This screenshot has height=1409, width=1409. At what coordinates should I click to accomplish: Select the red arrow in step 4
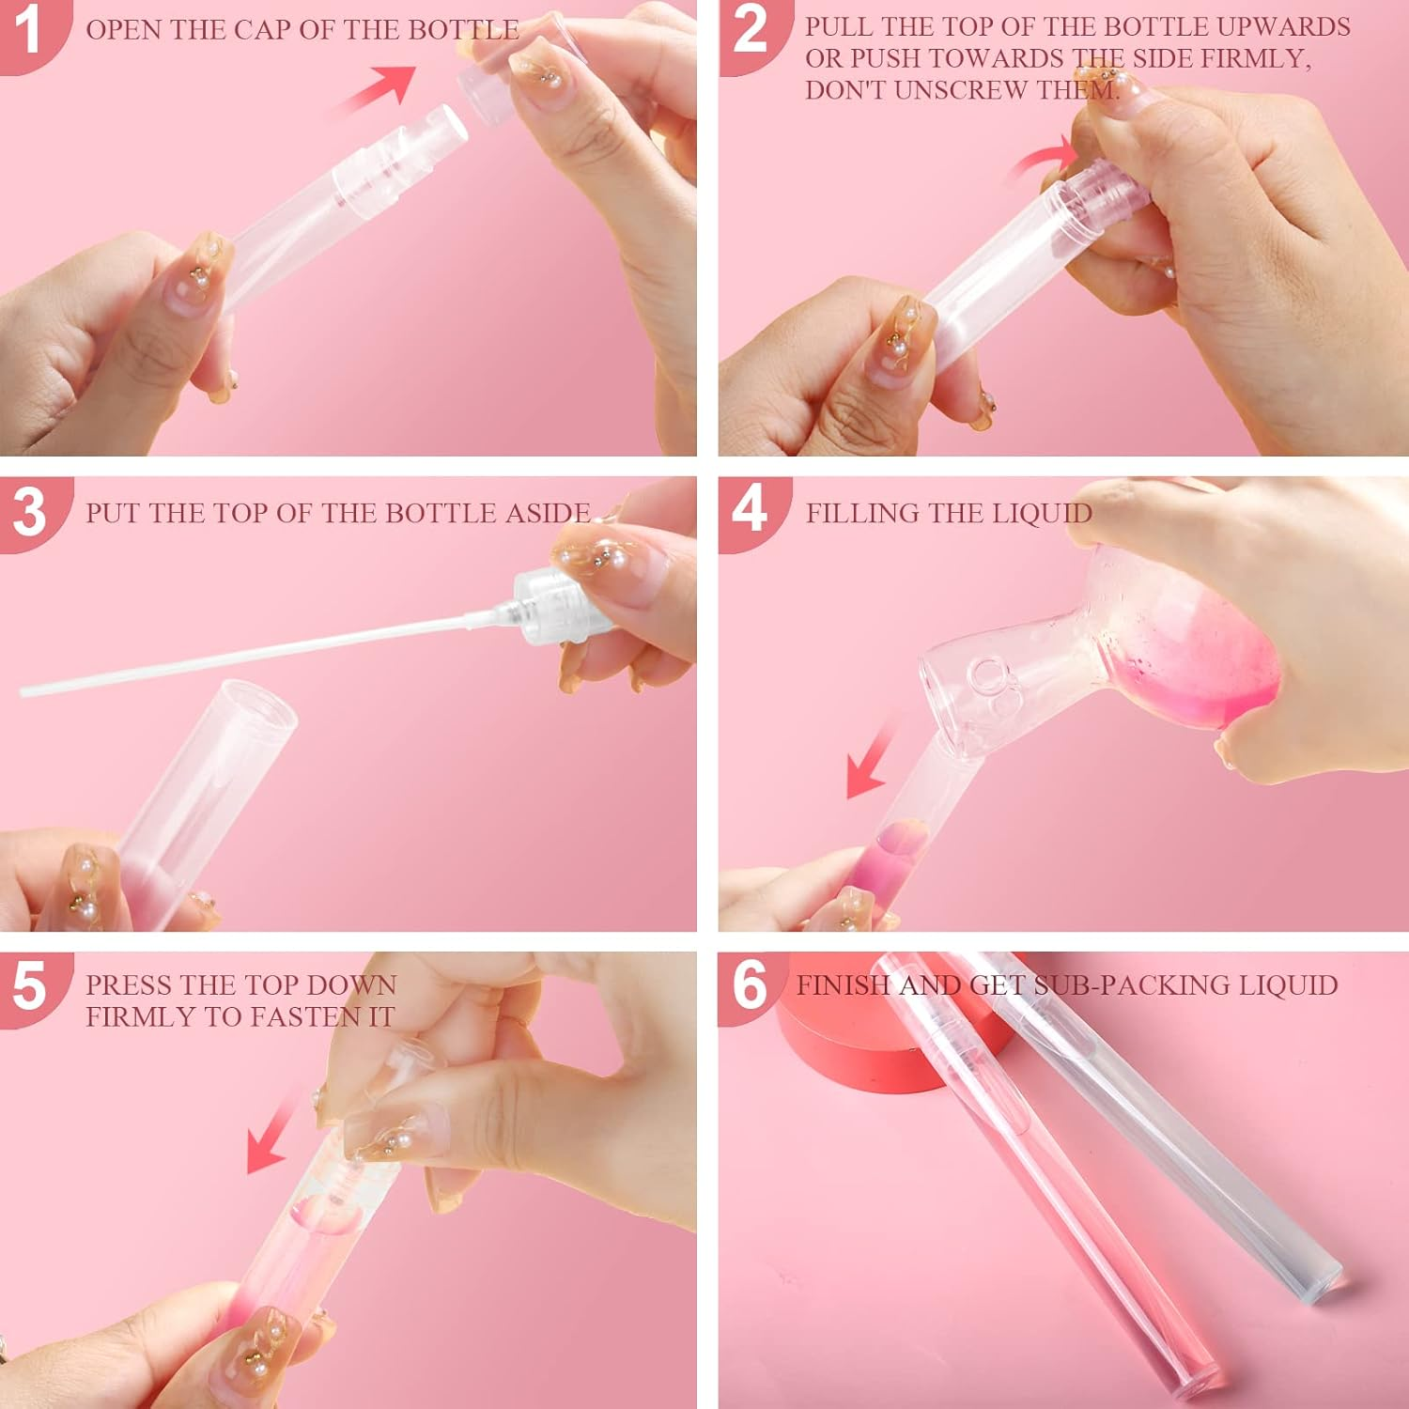(869, 756)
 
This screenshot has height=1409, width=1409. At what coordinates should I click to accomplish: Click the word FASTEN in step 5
(293, 1016)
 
